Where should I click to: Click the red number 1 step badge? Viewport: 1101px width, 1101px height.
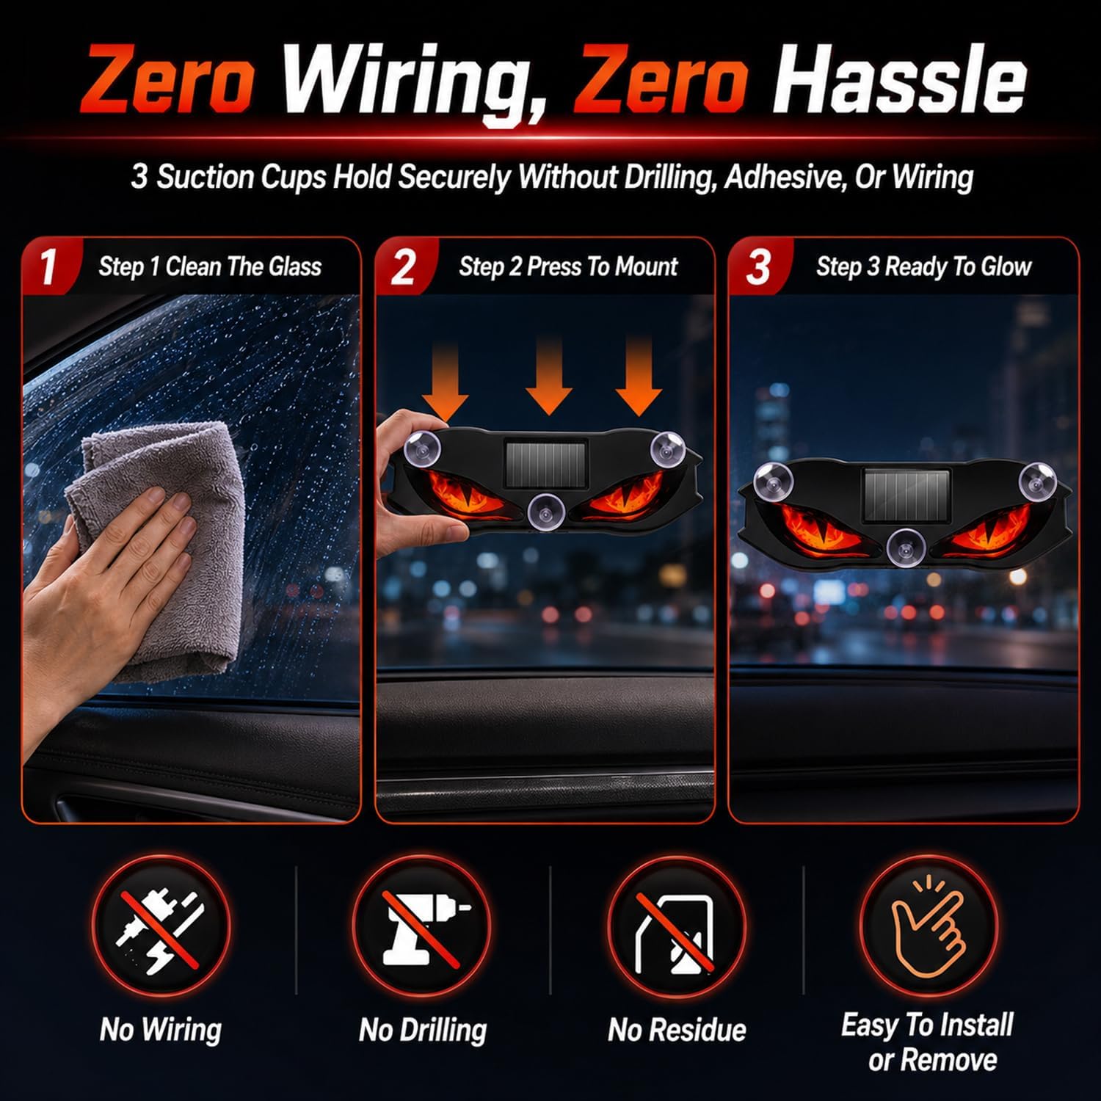click(x=48, y=266)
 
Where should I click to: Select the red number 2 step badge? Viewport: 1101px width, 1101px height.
click(x=402, y=266)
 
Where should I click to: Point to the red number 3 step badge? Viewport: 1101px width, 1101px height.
click(x=756, y=266)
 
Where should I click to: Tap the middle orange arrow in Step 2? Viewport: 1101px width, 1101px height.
click(x=550, y=374)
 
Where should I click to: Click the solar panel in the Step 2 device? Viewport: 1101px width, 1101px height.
click(x=545, y=462)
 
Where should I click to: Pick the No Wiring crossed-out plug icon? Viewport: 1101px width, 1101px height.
click(x=161, y=926)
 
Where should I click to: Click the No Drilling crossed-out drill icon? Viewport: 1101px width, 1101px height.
click(x=421, y=926)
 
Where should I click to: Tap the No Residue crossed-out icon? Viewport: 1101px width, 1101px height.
click(x=677, y=926)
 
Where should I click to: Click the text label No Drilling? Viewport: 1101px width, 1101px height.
click(x=423, y=1031)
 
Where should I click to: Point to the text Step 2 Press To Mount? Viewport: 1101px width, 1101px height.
click(x=568, y=266)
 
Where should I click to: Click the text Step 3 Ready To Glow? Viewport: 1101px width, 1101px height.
click(x=923, y=266)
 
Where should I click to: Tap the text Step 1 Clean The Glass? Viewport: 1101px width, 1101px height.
click(x=210, y=266)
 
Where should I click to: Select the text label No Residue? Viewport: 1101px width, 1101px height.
click(x=677, y=1031)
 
